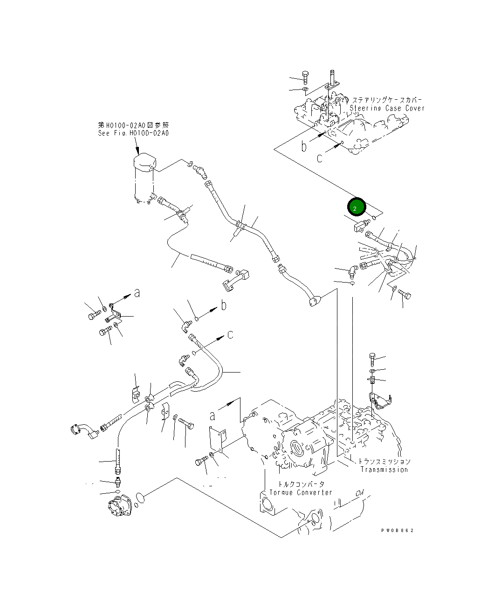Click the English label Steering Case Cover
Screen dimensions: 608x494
tap(387, 108)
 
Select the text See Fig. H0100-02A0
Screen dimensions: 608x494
tap(133, 133)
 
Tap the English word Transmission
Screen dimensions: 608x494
tap(384, 470)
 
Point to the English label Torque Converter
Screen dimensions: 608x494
tap(301, 492)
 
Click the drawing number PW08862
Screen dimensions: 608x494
tap(397, 530)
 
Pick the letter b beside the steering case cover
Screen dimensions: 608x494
tap(304, 146)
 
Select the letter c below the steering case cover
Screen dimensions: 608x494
tap(319, 158)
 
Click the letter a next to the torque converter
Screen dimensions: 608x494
tap(213, 415)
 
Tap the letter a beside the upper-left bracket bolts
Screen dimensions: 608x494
tap(137, 293)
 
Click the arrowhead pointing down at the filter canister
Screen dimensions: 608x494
tap(138, 151)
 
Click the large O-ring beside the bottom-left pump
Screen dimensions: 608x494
tap(140, 498)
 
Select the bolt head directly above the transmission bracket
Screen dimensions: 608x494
tap(372, 359)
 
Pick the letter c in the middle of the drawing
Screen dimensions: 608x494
tap(230, 335)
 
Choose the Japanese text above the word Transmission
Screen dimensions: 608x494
tap(384, 461)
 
